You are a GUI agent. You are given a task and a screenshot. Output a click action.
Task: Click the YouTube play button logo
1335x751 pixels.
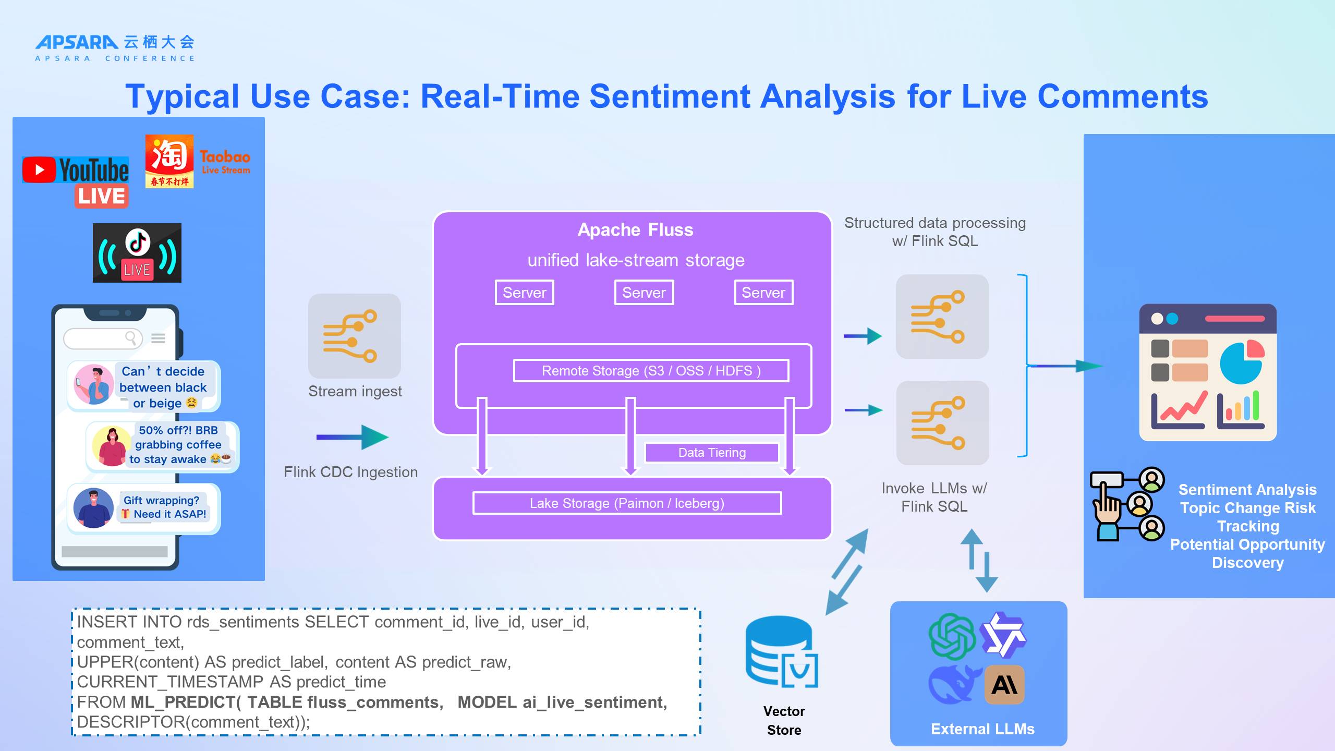(39, 170)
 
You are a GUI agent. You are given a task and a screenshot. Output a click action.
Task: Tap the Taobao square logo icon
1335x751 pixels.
(169, 161)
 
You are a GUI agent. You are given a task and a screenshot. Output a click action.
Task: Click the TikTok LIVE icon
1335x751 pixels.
(137, 253)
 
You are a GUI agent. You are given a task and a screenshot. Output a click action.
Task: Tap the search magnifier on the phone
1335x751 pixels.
(131, 338)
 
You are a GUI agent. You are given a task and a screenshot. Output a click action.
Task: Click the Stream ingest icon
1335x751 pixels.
(355, 336)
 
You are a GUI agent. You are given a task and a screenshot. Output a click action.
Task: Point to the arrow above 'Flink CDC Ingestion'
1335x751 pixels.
(353, 437)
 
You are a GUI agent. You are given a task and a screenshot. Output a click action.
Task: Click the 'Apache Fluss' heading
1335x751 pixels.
(635, 230)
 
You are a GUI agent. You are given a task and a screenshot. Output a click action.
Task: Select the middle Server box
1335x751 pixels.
(644, 293)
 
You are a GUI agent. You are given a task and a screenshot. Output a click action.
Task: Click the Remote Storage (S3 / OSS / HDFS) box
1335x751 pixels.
(651, 371)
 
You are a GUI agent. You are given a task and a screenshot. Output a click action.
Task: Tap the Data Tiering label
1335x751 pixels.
(712, 453)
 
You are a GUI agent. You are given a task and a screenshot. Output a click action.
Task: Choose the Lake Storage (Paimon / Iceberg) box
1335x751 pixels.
(627, 503)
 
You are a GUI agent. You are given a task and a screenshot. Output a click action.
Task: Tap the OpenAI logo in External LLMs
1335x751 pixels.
(952, 636)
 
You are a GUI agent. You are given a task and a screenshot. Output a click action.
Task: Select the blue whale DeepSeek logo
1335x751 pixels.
(952, 684)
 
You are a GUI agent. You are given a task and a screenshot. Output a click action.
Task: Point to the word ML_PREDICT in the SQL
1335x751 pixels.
(186, 702)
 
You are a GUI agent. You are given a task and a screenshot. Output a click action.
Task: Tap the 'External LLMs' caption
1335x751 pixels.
(982, 729)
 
